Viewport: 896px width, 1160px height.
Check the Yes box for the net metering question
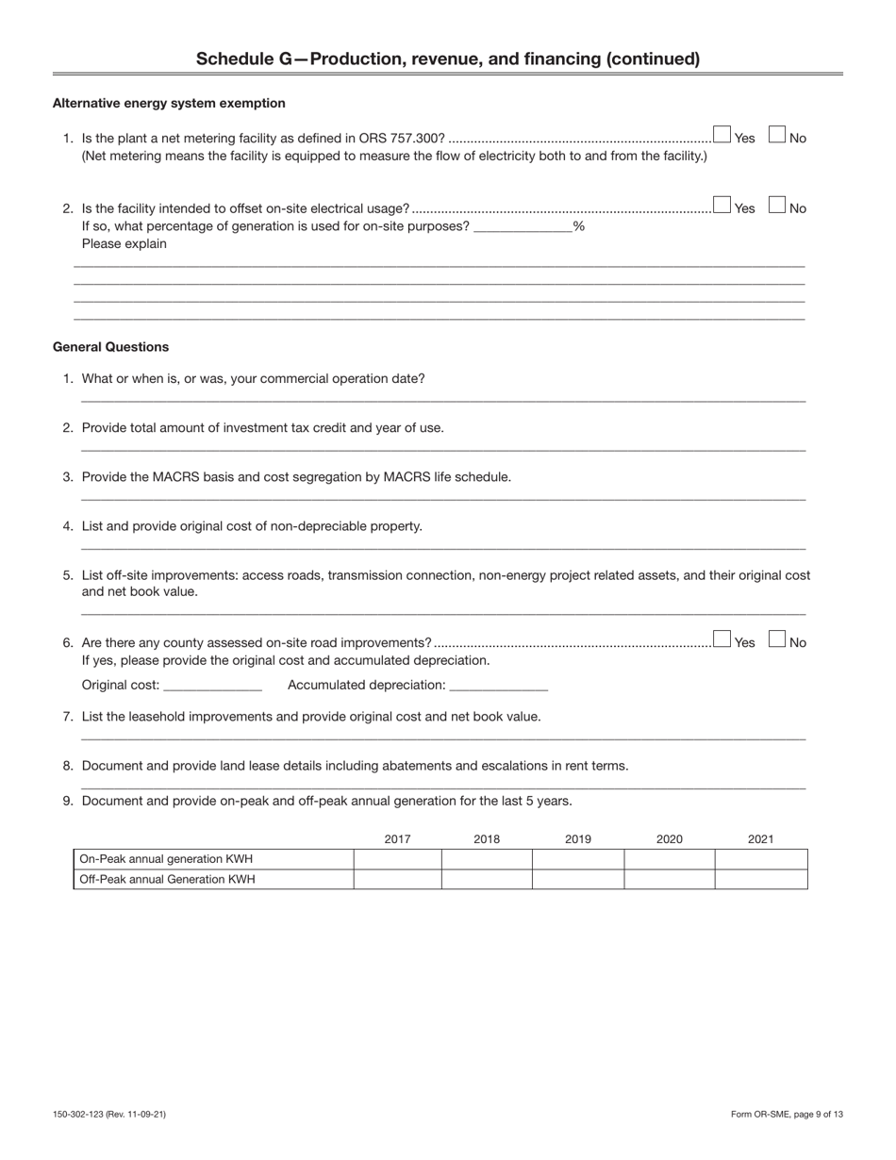pos(722,134)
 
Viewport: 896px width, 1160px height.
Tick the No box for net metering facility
pos(777,134)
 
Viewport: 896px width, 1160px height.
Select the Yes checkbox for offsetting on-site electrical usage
pos(722,204)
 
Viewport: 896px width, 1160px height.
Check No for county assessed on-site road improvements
pos(777,638)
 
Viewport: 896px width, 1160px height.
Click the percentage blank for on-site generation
pos(523,226)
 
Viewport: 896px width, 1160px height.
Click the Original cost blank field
pos(212,685)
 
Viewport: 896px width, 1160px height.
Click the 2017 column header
pos(397,838)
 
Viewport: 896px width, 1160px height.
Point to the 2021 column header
pos(760,838)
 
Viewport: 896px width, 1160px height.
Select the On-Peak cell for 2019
pos(577,859)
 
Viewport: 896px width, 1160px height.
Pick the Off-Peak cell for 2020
pos(669,879)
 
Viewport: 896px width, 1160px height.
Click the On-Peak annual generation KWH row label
pos(166,859)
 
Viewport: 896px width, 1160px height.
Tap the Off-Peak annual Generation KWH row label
pos(167,879)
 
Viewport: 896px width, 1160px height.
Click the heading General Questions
pos(110,347)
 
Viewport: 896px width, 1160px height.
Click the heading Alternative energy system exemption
pos(169,103)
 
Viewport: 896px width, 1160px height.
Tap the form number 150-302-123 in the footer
pos(81,1115)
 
